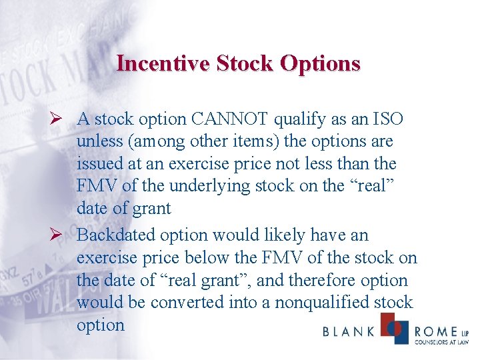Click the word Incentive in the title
[x=161, y=63]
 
